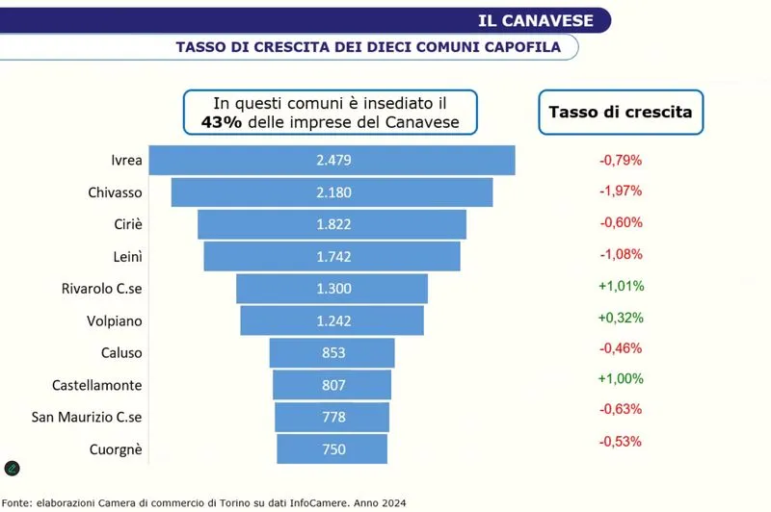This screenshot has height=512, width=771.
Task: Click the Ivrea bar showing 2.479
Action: tap(332, 160)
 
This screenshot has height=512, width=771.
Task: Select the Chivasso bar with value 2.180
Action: tap(332, 192)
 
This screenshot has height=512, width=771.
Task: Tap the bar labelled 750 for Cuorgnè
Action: tap(332, 448)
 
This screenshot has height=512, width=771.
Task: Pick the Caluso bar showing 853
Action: tap(332, 352)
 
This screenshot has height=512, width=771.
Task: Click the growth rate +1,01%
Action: tap(621, 286)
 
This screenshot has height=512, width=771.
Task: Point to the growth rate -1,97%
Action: tap(621, 191)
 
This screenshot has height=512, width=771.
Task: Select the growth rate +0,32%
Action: tap(621, 318)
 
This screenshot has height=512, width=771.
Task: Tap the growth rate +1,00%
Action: tap(621, 378)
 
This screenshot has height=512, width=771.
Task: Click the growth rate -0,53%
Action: tap(621, 442)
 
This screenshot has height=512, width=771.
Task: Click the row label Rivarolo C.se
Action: tap(102, 288)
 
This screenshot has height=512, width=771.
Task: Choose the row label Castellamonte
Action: tap(97, 385)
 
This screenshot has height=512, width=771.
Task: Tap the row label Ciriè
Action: tap(128, 223)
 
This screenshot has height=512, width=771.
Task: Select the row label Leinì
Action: tap(128, 256)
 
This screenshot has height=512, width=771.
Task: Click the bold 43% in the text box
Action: tap(221, 121)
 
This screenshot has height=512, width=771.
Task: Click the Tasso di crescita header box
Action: tap(620, 112)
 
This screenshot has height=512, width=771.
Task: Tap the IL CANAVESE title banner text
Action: tap(543, 19)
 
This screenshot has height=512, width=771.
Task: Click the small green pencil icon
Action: tap(13, 469)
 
